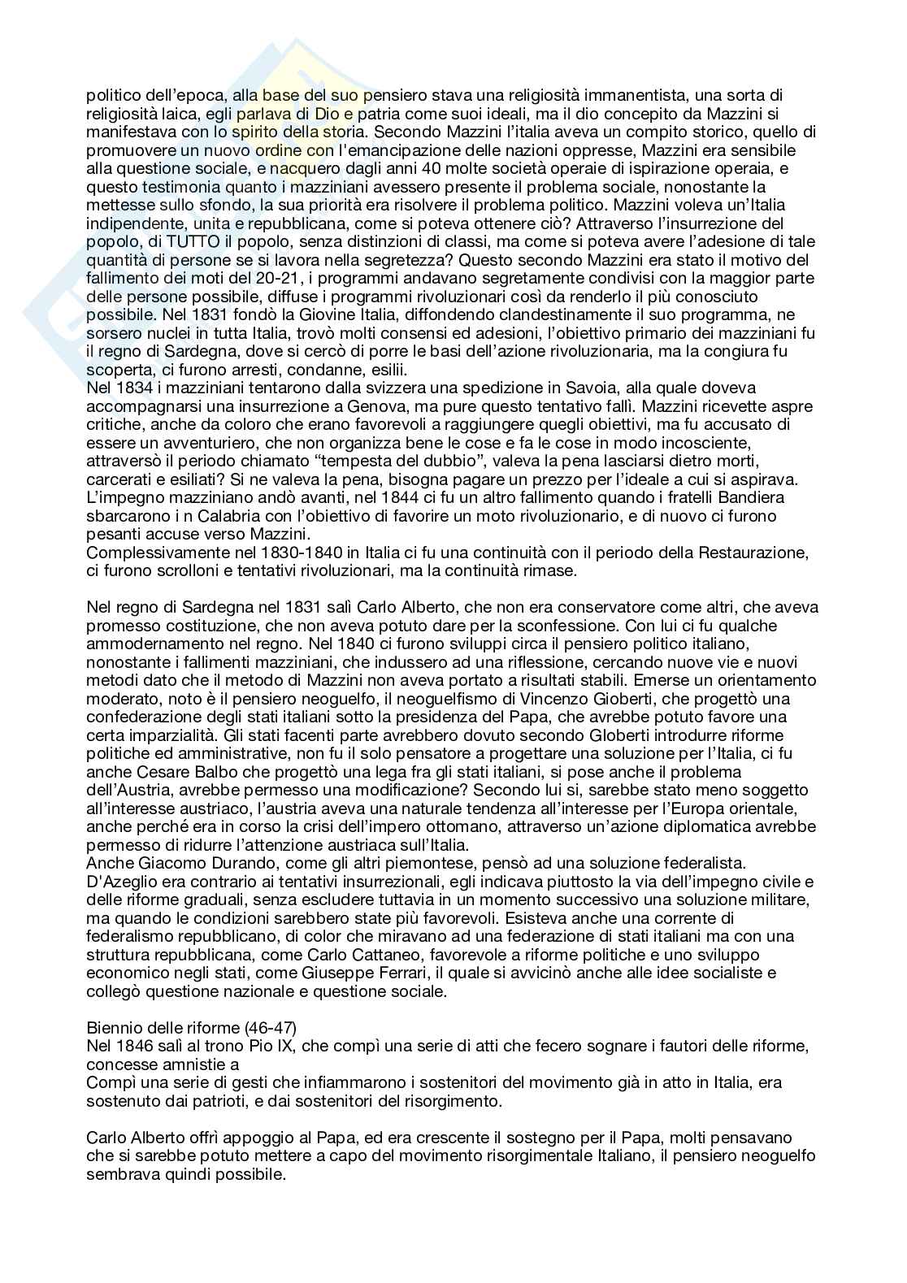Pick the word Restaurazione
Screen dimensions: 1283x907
pos(742,553)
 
